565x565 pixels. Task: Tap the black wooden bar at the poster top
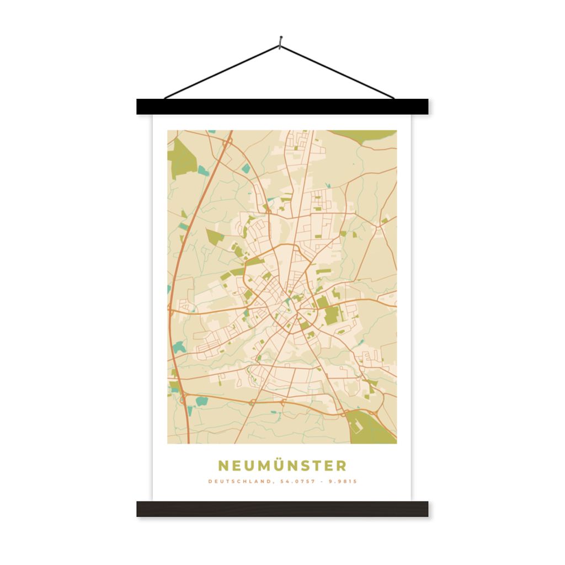point(282,106)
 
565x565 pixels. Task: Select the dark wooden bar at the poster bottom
point(282,509)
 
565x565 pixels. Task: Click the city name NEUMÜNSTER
point(282,466)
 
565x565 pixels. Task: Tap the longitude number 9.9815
point(343,481)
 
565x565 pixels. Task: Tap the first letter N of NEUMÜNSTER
point(223,466)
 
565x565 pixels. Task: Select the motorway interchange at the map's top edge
point(227,142)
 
